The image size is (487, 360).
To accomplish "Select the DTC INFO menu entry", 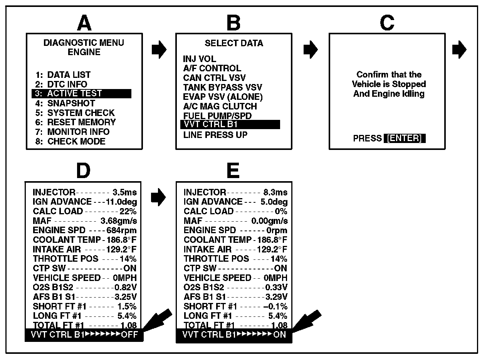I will (67, 84).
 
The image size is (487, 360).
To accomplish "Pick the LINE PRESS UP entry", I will (215, 135).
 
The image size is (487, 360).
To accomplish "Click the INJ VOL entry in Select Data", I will (200, 59).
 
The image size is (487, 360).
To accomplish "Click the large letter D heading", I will (83, 172).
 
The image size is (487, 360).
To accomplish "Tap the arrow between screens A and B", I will (159, 50).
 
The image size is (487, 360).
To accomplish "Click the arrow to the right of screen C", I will (459, 50).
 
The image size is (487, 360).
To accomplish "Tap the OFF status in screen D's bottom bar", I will (129, 335).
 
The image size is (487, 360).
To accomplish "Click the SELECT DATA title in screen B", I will (234, 43).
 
